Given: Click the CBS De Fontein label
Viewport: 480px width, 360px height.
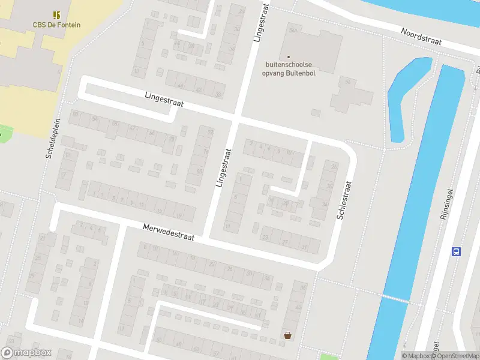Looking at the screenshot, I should pos(56,25).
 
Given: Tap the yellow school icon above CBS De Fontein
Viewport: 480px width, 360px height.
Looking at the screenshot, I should pos(57,14).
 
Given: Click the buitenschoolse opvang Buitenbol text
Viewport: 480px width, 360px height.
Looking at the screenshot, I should pos(291,68).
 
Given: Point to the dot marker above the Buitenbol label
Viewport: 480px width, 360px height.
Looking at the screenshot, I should pos(288,58).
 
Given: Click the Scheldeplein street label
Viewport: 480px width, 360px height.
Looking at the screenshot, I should pos(50,137).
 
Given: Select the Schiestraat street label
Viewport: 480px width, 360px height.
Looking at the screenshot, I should pos(343,200).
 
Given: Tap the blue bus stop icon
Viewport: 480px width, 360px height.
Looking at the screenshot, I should pos(456,252).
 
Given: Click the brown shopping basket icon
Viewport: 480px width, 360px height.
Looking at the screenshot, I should pos(288,335).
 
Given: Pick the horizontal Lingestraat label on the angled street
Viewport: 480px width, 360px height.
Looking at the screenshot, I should pos(164,100).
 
